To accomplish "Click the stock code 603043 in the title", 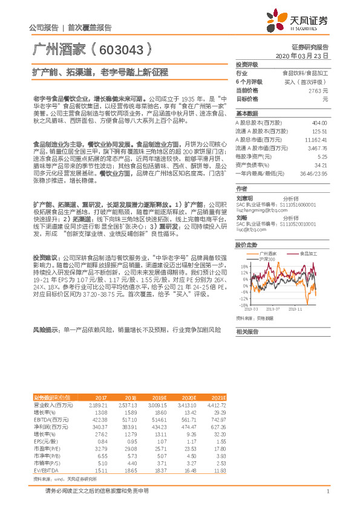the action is point(120,48).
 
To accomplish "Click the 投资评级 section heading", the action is point(247,64).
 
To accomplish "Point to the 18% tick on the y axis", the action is point(244,266).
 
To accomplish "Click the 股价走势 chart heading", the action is point(247,245).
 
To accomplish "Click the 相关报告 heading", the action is point(247,332).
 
